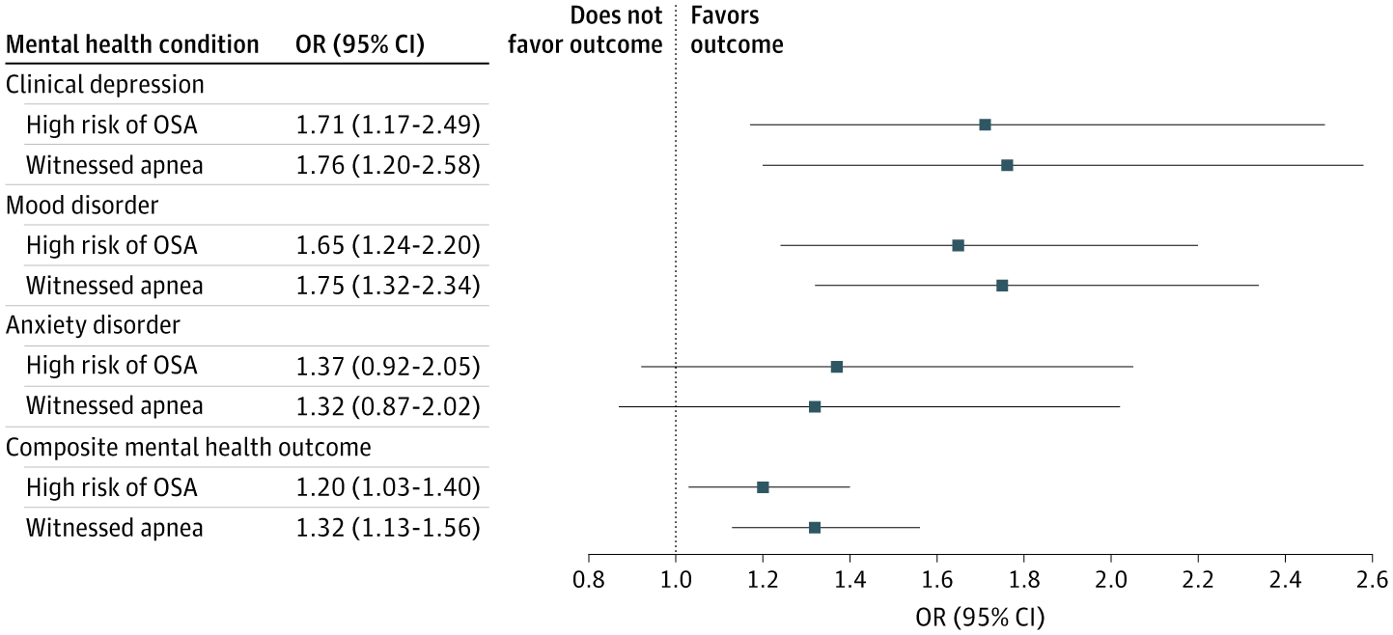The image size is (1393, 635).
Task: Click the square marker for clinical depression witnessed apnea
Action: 1007,165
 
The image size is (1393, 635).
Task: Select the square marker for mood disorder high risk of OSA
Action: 958,245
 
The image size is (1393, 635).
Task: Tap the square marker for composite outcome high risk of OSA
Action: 763,487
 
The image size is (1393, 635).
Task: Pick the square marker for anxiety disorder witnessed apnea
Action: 815,406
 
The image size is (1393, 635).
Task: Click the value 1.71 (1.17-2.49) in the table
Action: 388,124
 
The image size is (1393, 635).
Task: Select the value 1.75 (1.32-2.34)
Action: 388,286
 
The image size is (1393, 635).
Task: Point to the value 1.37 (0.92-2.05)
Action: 388,366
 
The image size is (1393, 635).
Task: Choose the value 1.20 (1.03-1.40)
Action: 388,487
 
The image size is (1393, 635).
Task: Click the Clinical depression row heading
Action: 105,84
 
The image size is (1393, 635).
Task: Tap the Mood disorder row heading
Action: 82,205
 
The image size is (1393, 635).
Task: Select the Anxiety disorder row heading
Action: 93,325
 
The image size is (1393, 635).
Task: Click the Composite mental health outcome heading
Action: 188,447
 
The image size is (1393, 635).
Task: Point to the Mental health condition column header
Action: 132,44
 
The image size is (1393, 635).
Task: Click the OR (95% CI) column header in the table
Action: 359,44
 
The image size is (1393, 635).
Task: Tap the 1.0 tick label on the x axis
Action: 676,579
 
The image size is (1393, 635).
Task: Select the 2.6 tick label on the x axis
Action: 1372,579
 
